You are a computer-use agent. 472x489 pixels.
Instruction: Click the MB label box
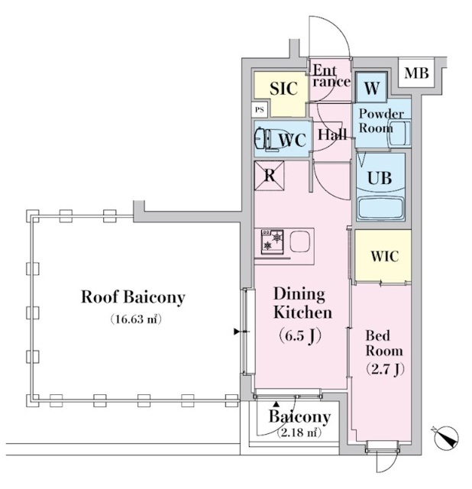pyautogui.click(x=416, y=73)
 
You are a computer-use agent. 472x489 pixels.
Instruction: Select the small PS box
pyautogui.click(x=260, y=110)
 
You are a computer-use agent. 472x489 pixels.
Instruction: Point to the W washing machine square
pyautogui.click(x=372, y=88)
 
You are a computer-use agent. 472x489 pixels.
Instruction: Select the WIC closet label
pyautogui.click(x=385, y=256)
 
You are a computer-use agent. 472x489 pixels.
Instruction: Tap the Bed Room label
pyautogui.click(x=384, y=344)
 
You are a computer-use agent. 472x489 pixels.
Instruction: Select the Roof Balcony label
pyautogui.click(x=134, y=297)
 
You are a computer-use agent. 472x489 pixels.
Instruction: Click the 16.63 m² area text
pyautogui.click(x=134, y=319)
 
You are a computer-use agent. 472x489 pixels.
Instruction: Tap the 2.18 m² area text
pyautogui.click(x=299, y=433)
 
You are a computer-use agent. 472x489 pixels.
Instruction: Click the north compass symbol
pyautogui.click(x=445, y=438)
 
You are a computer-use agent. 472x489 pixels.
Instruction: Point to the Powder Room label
pyautogui.click(x=381, y=121)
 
